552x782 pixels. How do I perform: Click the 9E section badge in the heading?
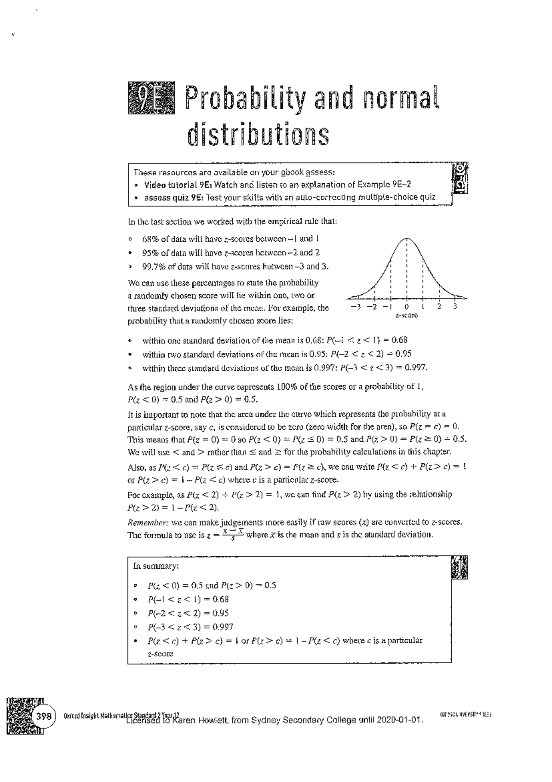(151, 98)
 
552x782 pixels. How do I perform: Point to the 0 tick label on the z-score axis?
(407, 307)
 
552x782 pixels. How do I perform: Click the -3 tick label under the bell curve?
(355, 307)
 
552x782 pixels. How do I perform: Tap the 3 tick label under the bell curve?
(454, 307)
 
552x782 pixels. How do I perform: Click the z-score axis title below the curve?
(407, 315)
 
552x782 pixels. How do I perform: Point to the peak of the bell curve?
(407, 238)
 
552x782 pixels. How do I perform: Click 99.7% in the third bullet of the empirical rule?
(153, 266)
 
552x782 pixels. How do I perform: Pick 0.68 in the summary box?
(220, 599)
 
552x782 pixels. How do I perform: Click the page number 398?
(43, 716)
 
